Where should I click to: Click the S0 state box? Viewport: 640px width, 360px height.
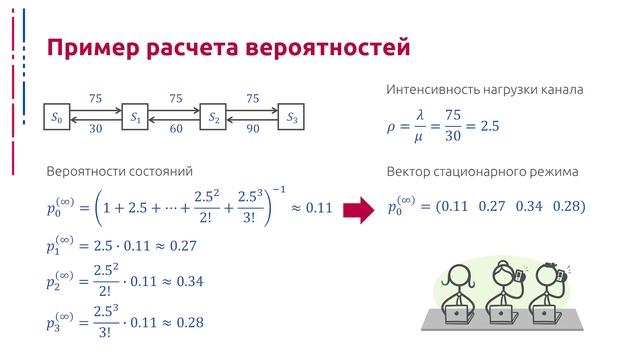coord(56,118)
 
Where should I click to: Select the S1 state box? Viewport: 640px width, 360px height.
coord(135,118)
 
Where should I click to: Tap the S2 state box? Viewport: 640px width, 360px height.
coord(214,118)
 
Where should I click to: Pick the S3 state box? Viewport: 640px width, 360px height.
coord(292,118)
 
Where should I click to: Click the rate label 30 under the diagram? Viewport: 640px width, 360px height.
coord(95,129)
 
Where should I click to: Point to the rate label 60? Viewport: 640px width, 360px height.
coord(175,129)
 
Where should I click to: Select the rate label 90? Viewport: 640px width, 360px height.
coord(253,129)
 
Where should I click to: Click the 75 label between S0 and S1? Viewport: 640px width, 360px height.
coord(95,98)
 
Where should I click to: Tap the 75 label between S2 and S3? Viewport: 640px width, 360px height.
coord(253,98)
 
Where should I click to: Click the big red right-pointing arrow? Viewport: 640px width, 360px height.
coord(357,208)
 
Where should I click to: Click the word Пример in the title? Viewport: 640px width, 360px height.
coord(92,49)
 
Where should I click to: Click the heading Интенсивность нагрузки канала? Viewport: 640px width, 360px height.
coord(484,91)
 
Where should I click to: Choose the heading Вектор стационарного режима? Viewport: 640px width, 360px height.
coord(482,172)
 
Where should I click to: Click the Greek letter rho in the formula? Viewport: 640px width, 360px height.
coord(392,128)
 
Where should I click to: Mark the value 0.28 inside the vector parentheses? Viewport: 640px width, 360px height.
coord(566,207)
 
